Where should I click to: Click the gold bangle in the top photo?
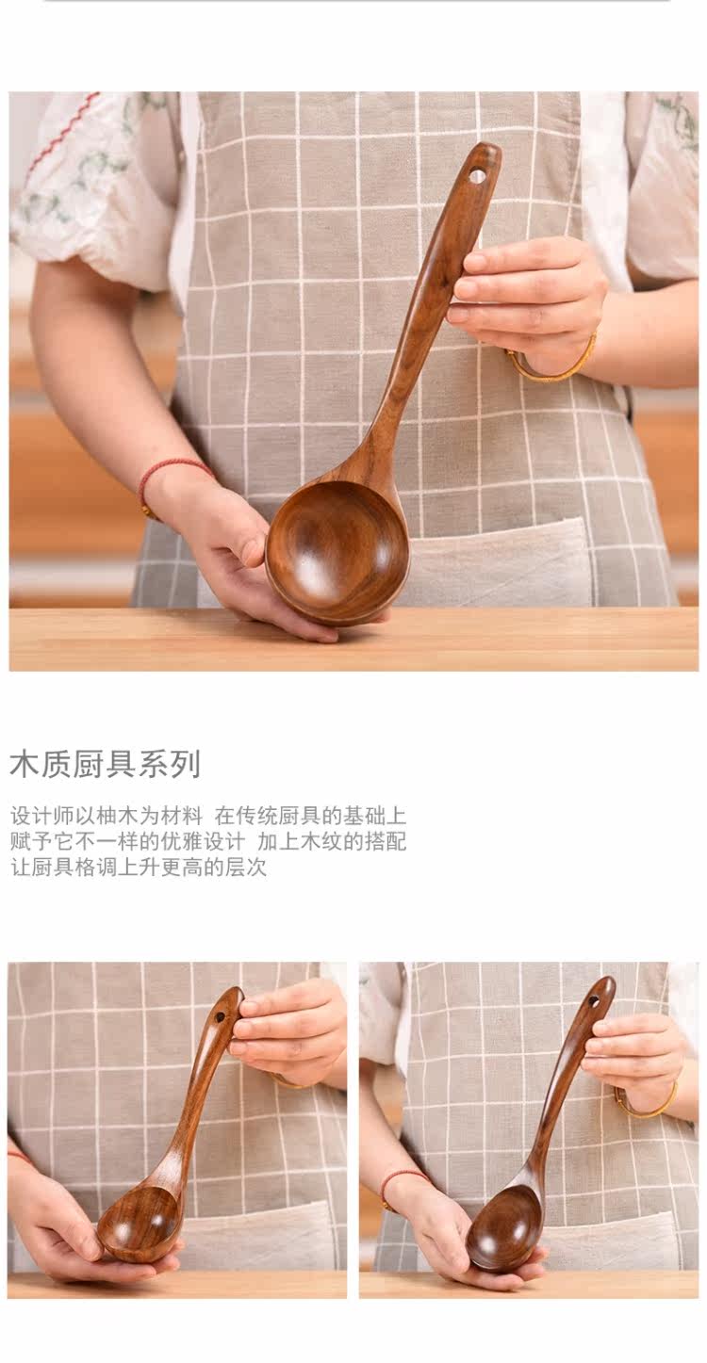click(x=551, y=361)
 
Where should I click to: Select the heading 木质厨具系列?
click(x=105, y=764)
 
